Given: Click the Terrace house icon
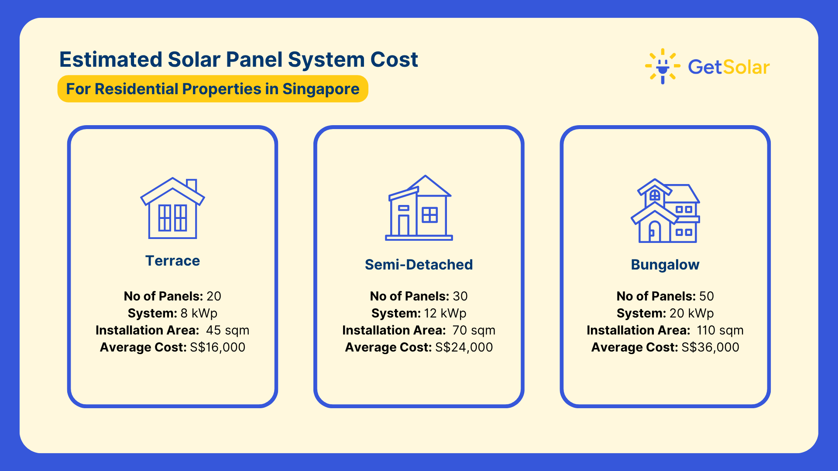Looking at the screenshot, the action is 172,208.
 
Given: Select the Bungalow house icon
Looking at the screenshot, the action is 665,211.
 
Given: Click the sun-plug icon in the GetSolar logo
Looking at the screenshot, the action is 663,66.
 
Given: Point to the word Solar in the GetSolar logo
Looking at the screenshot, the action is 746,67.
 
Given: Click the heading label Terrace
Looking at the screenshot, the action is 172,261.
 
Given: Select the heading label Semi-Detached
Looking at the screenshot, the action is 419,265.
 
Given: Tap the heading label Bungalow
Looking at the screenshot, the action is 665,265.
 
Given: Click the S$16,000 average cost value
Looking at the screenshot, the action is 217,347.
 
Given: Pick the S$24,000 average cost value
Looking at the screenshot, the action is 464,347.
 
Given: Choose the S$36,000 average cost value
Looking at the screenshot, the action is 710,347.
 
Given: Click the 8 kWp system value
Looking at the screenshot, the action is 199,314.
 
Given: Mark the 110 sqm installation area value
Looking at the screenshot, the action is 720,331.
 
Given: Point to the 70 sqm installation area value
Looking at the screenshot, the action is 474,331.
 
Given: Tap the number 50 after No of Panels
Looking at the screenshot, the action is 707,297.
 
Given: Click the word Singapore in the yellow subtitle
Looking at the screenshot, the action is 321,89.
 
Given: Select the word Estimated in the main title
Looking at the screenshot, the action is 111,59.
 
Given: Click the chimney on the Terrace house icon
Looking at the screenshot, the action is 192,186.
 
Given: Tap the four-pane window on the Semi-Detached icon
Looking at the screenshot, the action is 430,215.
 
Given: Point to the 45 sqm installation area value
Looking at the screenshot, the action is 227,331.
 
